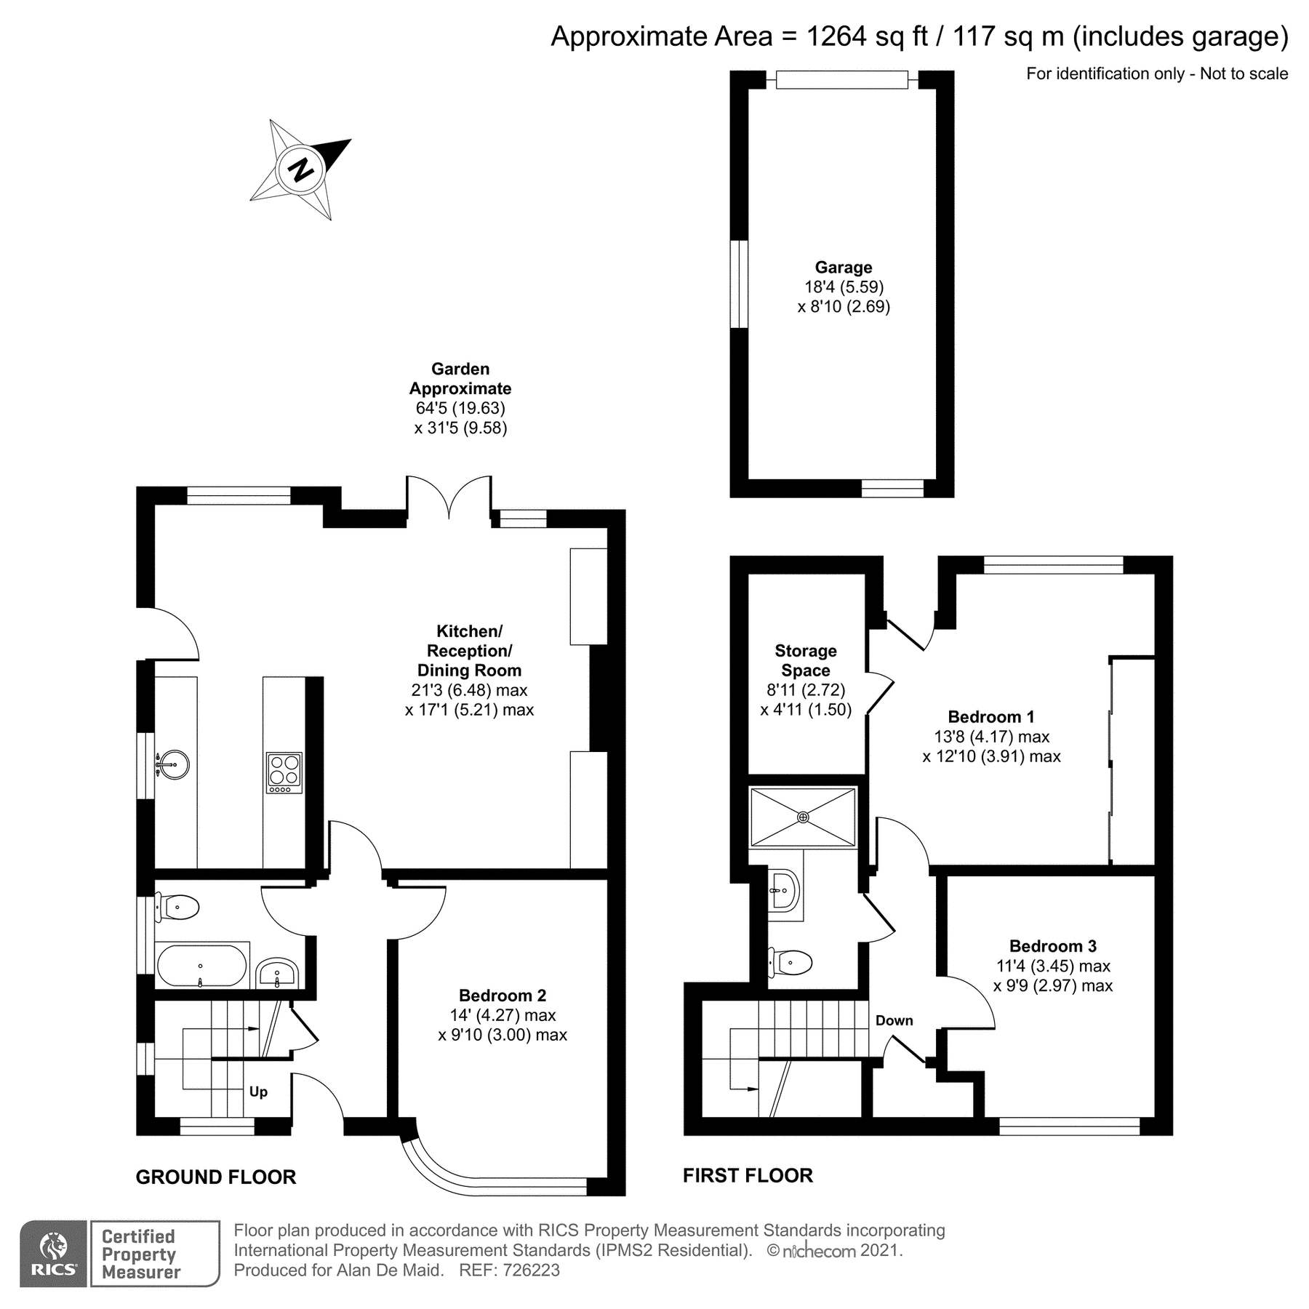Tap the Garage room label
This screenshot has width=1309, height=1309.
[843, 268]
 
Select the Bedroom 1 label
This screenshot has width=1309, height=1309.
[990, 717]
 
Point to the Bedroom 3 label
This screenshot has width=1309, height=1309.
[1052, 946]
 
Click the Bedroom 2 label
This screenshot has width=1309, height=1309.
[502, 996]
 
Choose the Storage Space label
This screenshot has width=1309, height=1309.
[805, 660]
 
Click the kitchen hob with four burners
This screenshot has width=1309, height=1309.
[284, 773]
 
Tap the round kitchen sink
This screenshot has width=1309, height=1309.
[172, 764]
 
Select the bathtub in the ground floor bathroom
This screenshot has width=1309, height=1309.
[201, 966]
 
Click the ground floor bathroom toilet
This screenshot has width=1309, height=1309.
[179, 908]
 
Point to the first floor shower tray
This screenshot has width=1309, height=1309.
[803, 817]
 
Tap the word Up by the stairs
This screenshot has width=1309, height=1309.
[258, 1092]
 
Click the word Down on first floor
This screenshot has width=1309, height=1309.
[894, 1020]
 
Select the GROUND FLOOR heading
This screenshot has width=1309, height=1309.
[216, 1177]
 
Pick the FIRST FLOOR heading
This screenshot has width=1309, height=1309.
[748, 1176]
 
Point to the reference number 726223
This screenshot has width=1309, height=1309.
[527, 1270]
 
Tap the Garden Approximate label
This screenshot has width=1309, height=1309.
[460, 379]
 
